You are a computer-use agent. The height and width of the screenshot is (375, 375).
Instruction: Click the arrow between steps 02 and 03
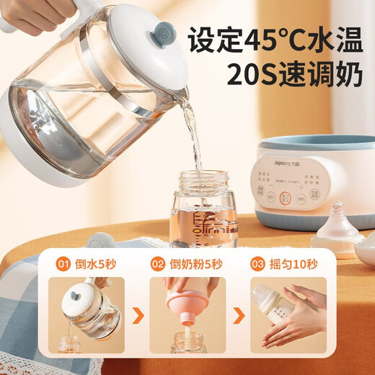pos(235,315)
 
